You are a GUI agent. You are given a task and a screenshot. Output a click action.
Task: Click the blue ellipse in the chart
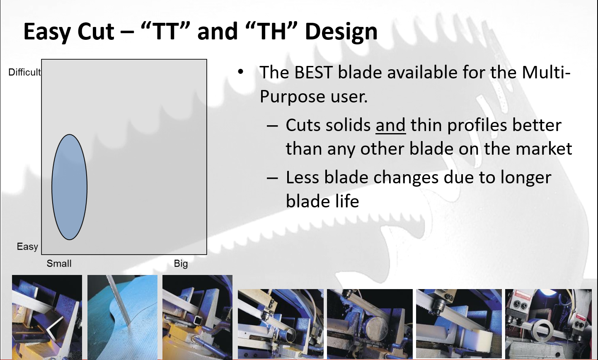(x=69, y=187)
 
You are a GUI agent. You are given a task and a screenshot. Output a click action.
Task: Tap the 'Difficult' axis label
(x=24, y=72)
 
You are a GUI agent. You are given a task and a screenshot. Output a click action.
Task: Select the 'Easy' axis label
(x=27, y=246)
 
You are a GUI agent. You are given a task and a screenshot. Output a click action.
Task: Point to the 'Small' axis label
(x=59, y=263)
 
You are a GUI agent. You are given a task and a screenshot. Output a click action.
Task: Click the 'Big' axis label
(x=181, y=264)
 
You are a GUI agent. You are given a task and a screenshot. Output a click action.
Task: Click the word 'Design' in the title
(x=341, y=32)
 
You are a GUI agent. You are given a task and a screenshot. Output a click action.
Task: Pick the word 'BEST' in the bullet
(x=313, y=72)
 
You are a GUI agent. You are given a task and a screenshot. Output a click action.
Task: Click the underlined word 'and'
(x=390, y=125)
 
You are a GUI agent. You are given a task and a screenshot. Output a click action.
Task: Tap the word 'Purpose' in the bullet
(x=292, y=97)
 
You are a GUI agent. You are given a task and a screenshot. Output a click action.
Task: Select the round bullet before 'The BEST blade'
(x=240, y=72)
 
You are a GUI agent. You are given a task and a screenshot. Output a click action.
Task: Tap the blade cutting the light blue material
(x=119, y=301)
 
